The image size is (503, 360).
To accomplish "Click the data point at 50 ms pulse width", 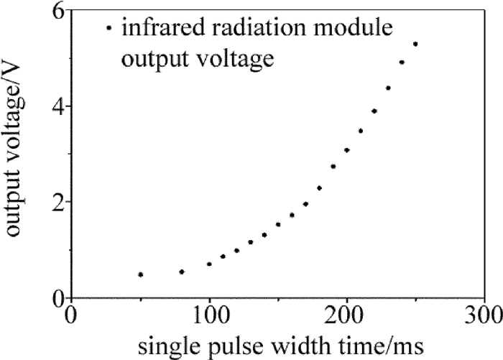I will point(141,274).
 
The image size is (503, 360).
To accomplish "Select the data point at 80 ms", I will point(182,272).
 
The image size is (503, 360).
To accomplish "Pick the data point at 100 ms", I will point(209,264).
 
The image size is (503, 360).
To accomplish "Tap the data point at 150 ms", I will point(278,224).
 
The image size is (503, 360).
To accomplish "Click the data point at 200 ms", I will point(347,150).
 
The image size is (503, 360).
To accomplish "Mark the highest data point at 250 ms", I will point(415,44).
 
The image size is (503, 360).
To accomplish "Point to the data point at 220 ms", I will point(374,111).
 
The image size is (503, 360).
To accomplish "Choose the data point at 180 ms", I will point(319,188).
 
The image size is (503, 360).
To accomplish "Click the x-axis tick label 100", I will point(209,316).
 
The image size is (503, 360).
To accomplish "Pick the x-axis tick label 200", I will point(347,316).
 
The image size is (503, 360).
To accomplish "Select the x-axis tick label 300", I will point(483,316).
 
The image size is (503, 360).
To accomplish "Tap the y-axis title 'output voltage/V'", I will point(16,154).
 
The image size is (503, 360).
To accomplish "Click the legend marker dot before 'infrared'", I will point(109,29).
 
